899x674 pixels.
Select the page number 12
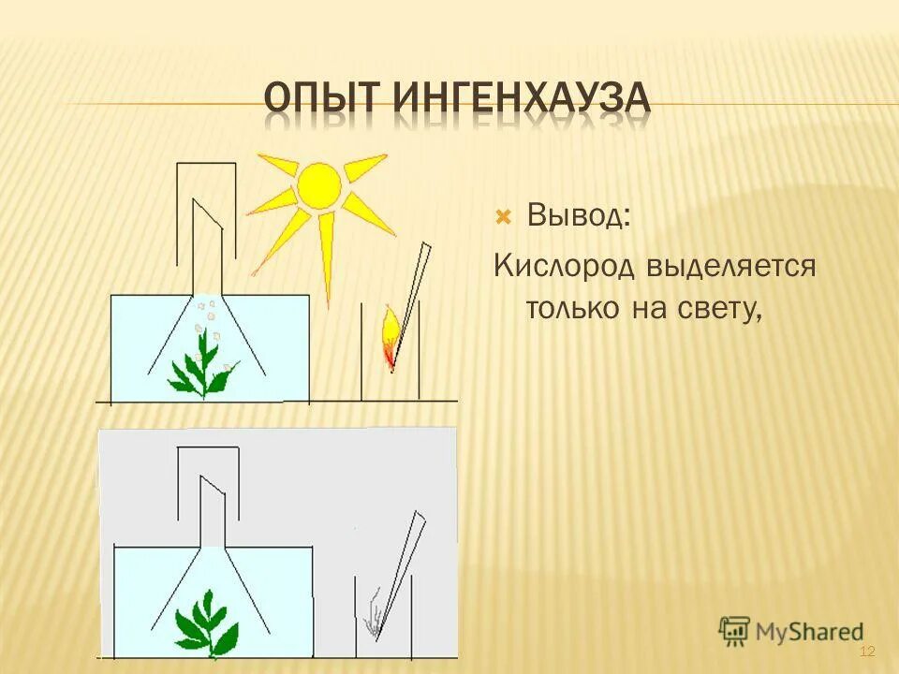click(x=866, y=652)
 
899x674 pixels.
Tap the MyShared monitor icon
click(x=734, y=630)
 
